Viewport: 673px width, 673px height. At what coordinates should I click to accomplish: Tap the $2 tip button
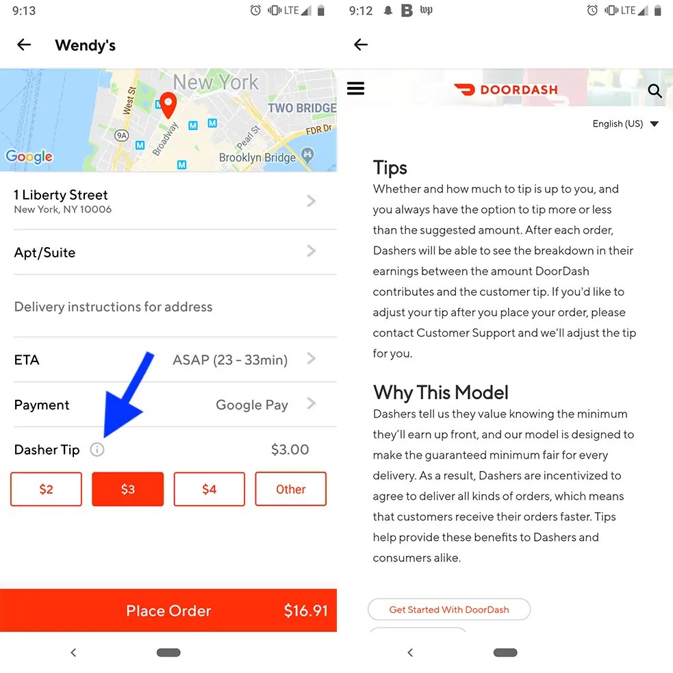pos(46,489)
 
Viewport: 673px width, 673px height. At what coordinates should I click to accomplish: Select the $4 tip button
pos(209,489)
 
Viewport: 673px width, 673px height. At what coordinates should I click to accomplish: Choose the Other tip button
pos(290,489)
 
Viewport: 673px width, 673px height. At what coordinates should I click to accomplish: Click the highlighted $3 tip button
pos(128,489)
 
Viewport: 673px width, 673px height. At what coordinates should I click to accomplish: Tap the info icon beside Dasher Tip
pos(97,449)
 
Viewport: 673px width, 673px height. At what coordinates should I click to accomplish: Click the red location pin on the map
pos(168,104)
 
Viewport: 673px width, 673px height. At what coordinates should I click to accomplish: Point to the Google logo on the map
pos(29,157)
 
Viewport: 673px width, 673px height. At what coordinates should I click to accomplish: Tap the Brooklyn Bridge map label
pos(257,157)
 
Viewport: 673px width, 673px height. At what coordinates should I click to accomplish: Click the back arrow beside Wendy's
pos(24,45)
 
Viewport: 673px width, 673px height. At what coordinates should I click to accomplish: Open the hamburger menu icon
pos(356,88)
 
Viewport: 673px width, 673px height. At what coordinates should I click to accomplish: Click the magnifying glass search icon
pos(655,90)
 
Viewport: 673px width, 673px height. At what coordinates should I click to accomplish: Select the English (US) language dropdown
pos(625,124)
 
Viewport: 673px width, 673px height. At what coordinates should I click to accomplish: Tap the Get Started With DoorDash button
pos(449,609)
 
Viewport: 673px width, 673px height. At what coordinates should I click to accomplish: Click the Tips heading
pos(390,167)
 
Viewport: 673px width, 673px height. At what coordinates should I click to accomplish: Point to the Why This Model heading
pos(441,392)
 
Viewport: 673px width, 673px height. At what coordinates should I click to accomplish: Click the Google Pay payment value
pos(252,405)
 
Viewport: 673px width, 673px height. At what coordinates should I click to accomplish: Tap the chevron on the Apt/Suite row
pos(312,251)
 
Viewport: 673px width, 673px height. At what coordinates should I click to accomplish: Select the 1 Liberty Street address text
pos(60,195)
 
